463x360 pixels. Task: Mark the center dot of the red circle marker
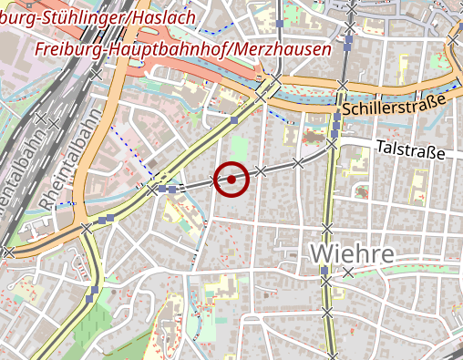(232, 180)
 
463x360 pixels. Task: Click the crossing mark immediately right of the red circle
(262, 170)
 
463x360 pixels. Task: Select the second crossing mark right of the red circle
(298, 163)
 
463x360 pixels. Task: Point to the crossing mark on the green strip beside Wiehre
(347, 272)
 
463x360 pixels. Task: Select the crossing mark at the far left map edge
(7, 251)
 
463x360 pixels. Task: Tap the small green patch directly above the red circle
(239, 146)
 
